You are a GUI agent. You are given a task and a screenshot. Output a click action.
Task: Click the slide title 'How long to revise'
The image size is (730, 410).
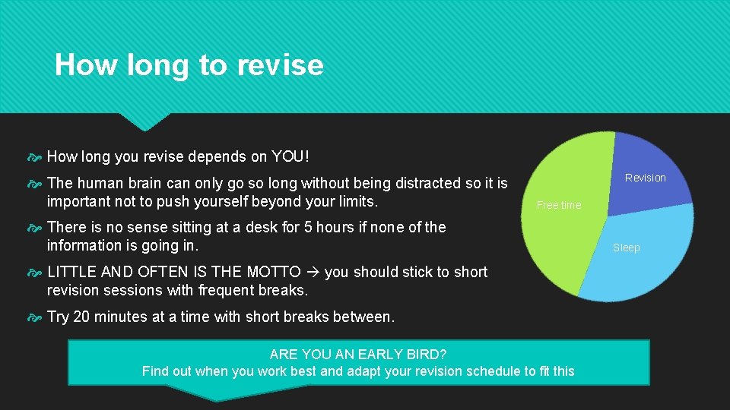click(189, 65)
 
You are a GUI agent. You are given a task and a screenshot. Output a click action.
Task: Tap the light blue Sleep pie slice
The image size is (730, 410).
click(646, 251)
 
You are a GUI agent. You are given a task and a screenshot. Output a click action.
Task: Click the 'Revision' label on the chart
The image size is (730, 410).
click(645, 178)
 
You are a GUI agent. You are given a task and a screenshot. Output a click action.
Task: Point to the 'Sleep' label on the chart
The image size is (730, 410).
click(627, 248)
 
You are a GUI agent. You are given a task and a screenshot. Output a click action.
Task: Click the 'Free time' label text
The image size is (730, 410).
click(559, 205)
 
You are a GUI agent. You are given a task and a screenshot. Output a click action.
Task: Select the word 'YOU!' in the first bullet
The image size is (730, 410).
click(290, 157)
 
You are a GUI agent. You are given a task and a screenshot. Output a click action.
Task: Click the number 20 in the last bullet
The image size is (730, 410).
click(81, 317)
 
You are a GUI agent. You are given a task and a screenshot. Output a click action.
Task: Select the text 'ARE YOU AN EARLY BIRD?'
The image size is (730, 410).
click(358, 355)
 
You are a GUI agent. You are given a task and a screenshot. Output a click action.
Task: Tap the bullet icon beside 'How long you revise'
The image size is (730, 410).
click(36, 157)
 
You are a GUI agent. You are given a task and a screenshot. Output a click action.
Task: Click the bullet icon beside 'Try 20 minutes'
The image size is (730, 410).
click(36, 317)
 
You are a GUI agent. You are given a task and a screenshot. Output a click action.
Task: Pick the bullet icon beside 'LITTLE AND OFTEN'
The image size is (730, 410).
click(36, 272)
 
